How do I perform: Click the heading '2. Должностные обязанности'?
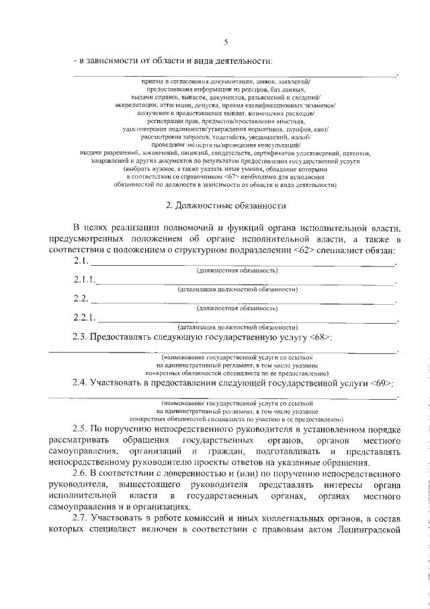pos(226,205)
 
